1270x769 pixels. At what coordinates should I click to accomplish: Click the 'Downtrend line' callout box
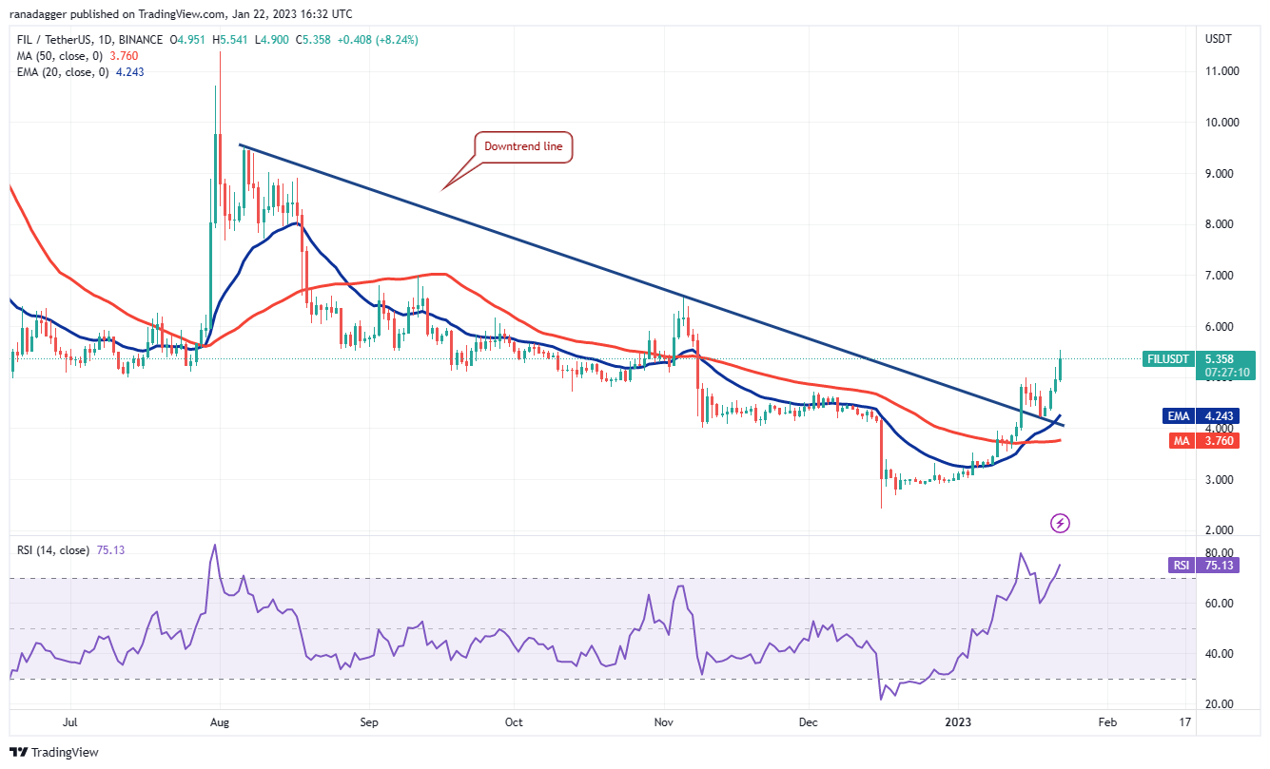click(523, 147)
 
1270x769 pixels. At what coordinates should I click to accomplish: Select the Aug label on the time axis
click(219, 722)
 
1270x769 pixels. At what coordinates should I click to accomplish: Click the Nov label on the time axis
click(664, 722)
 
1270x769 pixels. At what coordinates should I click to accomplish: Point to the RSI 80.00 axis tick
click(1221, 553)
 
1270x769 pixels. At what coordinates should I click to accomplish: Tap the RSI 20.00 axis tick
click(1221, 704)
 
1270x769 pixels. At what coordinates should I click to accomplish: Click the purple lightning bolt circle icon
click(1060, 523)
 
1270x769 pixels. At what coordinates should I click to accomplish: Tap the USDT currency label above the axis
click(1219, 40)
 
